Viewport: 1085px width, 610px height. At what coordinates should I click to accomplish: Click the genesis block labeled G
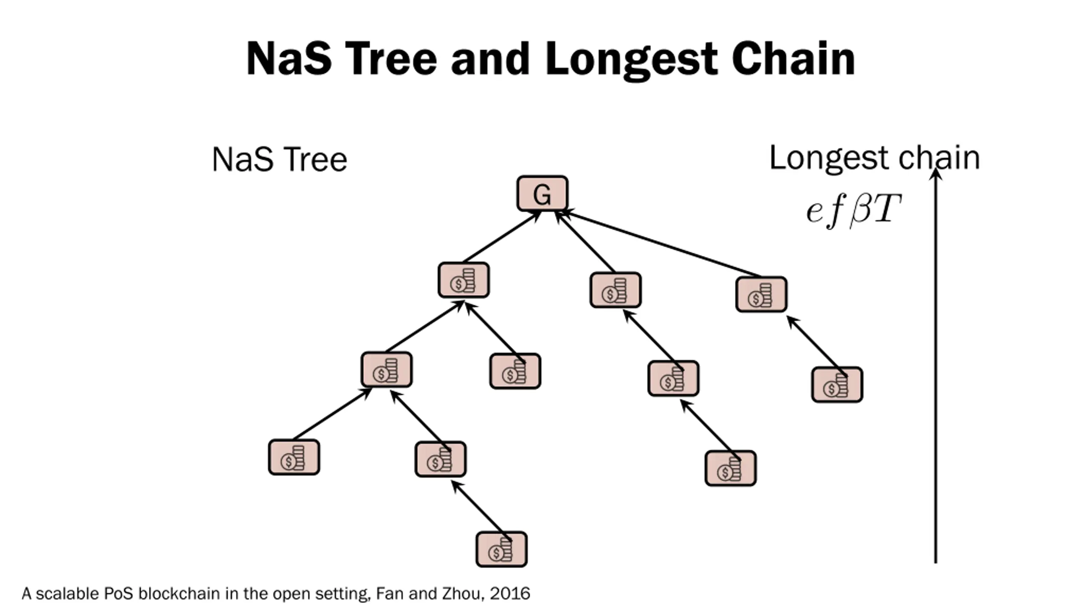point(542,194)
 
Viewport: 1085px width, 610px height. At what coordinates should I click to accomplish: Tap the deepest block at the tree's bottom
point(501,549)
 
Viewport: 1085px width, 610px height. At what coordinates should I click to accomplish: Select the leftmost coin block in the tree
point(294,457)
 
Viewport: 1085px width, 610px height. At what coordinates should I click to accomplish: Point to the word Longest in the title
point(632,60)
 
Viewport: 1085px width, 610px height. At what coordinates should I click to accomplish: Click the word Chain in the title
point(793,59)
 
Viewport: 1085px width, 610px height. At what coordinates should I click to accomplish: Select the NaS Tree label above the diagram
point(279,160)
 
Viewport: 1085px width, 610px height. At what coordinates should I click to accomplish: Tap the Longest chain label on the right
point(874,158)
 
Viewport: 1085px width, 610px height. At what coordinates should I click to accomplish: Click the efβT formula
point(853,211)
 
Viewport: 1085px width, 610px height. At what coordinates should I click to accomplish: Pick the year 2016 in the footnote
point(510,593)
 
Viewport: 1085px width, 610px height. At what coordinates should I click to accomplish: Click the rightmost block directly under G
point(761,294)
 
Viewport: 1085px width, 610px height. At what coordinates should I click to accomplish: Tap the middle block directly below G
point(615,290)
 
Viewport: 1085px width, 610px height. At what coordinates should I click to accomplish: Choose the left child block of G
point(464,280)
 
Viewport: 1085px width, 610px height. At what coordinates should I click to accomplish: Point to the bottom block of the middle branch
point(730,468)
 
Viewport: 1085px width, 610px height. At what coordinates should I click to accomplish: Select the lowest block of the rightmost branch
point(837,385)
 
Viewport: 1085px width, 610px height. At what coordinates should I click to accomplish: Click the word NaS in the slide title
point(289,59)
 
